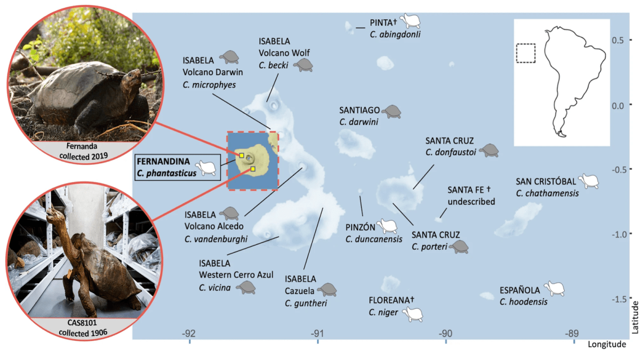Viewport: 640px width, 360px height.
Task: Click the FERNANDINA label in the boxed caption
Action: click(x=163, y=162)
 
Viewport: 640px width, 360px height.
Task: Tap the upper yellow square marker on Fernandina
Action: click(x=242, y=155)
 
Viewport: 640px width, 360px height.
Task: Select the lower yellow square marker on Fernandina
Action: click(x=253, y=169)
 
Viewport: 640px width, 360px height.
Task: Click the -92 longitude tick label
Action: click(x=189, y=333)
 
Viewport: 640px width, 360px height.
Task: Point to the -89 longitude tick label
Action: click(x=572, y=333)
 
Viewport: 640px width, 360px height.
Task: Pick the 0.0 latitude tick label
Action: click(x=618, y=106)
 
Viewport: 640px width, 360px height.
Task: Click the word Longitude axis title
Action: click(x=607, y=345)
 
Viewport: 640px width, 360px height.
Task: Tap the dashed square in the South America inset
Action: click(x=526, y=53)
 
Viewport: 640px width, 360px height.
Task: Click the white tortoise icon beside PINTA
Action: click(x=410, y=21)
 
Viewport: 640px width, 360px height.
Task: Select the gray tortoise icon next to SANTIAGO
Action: click(x=391, y=111)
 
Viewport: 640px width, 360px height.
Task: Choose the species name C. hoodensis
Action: click(x=523, y=302)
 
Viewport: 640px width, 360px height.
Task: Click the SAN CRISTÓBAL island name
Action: click(x=546, y=181)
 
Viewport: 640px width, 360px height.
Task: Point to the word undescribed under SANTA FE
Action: click(x=471, y=202)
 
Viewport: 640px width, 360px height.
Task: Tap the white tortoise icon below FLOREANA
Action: click(x=413, y=314)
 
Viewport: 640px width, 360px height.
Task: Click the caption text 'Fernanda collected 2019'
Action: click(x=83, y=151)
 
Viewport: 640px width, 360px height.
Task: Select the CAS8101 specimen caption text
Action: click(x=83, y=327)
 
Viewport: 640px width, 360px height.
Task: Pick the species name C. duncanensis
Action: click(x=374, y=239)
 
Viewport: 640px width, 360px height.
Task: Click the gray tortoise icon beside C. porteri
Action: click(x=459, y=247)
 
